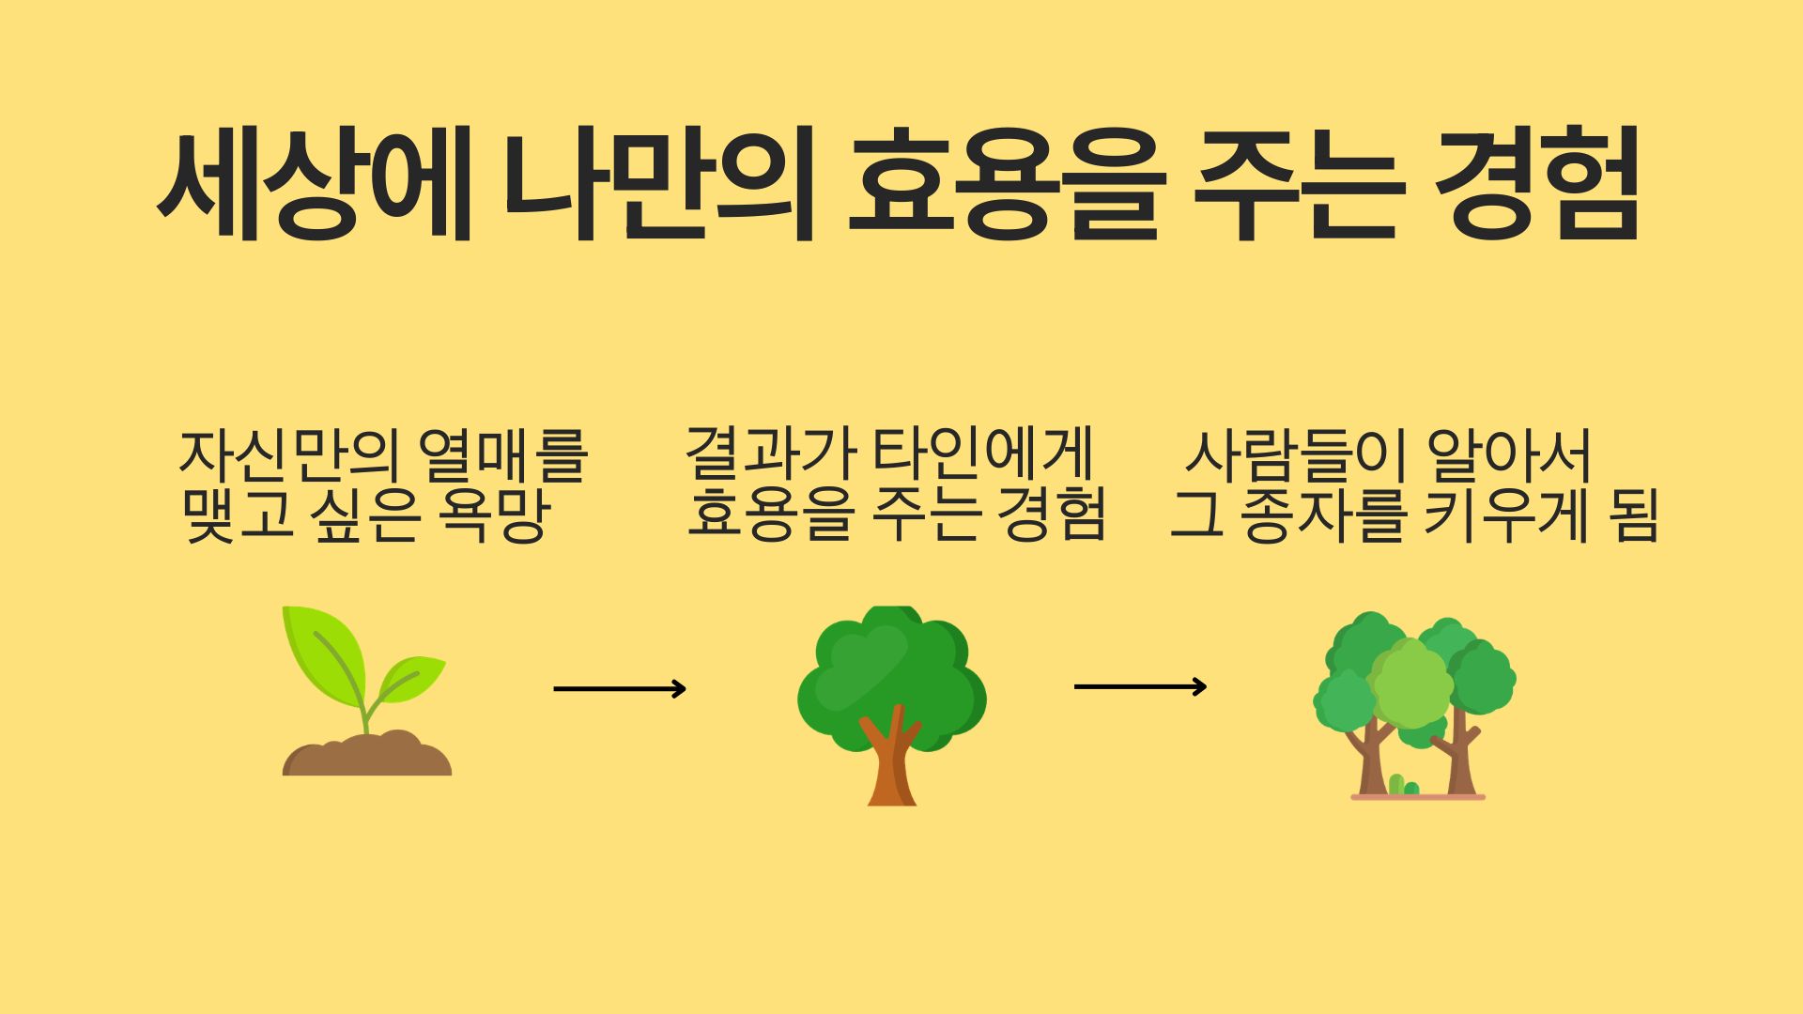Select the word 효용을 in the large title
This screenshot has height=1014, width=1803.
(x=1006, y=186)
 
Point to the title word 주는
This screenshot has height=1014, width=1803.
(x=1300, y=186)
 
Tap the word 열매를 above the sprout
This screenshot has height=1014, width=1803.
(x=504, y=456)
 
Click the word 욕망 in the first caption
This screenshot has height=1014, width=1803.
(x=490, y=516)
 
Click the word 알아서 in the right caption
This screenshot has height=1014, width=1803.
(x=1508, y=456)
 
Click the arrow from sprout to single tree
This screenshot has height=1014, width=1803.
(x=620, y=689)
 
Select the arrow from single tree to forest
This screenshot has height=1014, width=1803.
(x=1140, y=687)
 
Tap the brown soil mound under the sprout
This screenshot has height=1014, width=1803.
(x=367, y=754)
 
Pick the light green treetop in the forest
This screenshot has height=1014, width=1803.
(x=1411, y=684)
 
